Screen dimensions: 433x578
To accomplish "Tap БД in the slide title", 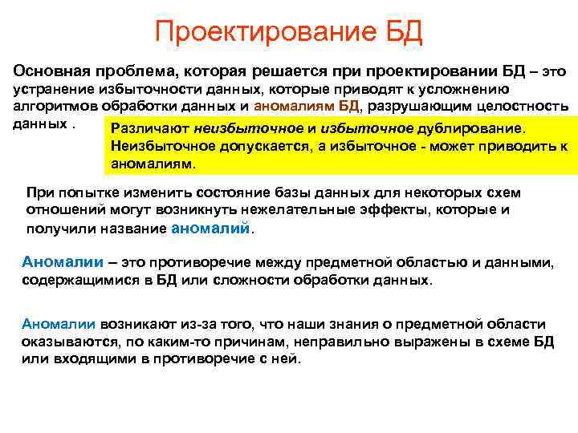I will click(x=398, y=33).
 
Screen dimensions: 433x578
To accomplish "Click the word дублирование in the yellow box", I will click(x=474, y=128).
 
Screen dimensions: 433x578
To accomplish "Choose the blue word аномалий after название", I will click(x=211, y=227).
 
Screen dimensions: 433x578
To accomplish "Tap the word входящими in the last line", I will click(x=79, y=358).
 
